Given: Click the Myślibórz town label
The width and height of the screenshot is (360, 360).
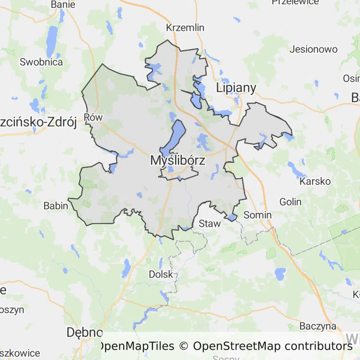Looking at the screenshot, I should pos(178,160).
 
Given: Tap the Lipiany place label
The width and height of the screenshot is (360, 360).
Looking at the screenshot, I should pos(236,88).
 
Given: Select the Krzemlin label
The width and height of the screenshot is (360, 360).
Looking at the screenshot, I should pos(186,28).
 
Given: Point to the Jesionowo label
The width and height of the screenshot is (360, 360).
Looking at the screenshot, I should pos(314,49).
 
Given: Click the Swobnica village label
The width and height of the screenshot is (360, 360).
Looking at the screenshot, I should pos(41,62).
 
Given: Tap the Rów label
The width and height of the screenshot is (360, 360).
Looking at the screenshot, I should pos(93,117).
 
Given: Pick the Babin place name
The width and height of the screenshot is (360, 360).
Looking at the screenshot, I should pos(56,205).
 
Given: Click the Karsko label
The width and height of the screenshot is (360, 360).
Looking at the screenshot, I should pos(315,181).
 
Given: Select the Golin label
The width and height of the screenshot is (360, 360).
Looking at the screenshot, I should pos(290,202).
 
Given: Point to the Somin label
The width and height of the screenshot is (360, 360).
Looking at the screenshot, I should pos(258,215).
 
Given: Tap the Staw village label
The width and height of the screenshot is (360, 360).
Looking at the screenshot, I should pos(210,224).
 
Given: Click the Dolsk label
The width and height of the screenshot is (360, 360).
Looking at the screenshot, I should pos(161,274).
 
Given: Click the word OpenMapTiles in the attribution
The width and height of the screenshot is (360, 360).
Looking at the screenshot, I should pos(135,346).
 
